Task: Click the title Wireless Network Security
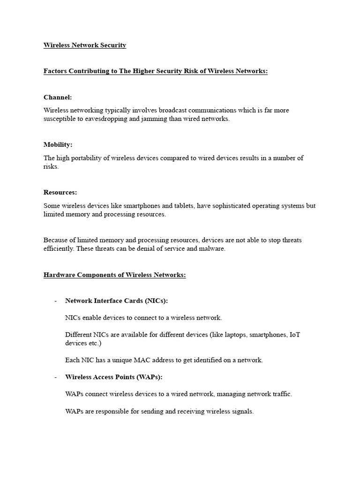click(85, 45)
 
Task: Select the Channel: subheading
click(58, 97)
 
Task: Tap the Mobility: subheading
click(58, 145)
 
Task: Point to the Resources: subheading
click(60, 193)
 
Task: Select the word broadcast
click(176, 111)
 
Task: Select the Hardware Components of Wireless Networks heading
click(115, 275)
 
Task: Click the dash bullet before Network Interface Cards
click(56, 301)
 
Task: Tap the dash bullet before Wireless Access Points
click(56, 377)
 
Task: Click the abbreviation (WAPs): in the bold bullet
click(147, 377)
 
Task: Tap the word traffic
click(280, 394)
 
